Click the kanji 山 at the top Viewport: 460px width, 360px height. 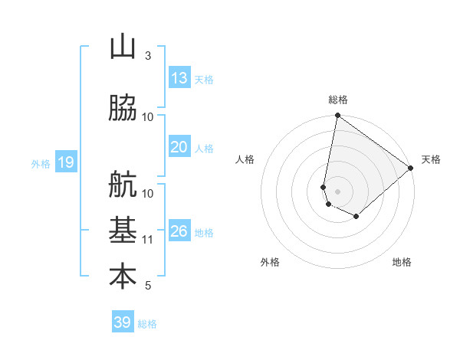(123, 47)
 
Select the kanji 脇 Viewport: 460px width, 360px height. (123, 109)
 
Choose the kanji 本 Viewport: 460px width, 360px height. (123, 277)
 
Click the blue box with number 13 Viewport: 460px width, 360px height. (179, 78)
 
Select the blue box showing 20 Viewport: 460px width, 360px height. (179, 147)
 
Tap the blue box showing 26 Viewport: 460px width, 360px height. (179, 231)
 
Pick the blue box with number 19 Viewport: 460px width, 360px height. (65, 162)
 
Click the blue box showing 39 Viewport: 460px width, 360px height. (123, 322)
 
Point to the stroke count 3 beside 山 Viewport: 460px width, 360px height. (148, 56)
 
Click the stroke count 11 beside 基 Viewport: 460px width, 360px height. (149, 240)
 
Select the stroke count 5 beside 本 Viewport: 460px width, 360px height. (148, 286)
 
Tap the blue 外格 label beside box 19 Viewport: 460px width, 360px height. (41, 163)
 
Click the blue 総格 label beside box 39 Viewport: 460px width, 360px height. (147, 324)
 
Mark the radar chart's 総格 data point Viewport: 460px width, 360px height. (337, 116)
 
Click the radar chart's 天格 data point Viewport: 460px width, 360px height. (411, 168)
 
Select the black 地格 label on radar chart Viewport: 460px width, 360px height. (402, 263)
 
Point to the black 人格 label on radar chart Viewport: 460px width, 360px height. (245, 159)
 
